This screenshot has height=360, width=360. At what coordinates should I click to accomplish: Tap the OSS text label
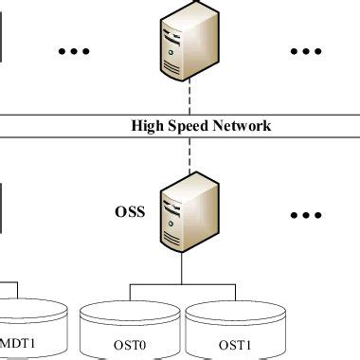[x=129, y=211]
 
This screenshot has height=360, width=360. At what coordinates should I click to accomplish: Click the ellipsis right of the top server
[x=306, y=49]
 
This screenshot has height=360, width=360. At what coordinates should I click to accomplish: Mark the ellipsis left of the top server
[x=74, y=49]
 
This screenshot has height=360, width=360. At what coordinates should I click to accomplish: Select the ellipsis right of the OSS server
[x=306, y=216]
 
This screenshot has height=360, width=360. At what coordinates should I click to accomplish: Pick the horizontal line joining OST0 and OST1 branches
[x=180, y=283]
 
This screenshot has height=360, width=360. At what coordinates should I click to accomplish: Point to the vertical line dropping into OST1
[x=234, y=291]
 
